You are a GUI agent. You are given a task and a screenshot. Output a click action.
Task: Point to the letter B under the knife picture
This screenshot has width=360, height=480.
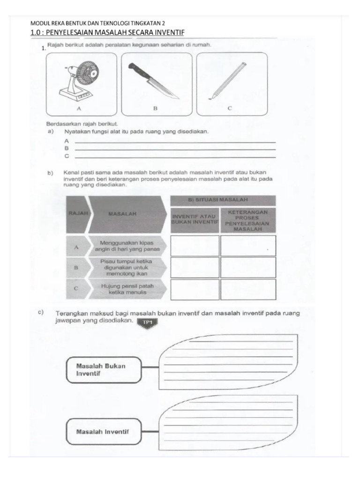pos(155,108)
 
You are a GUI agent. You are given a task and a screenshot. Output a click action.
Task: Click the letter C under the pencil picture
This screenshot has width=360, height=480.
pos(230,108)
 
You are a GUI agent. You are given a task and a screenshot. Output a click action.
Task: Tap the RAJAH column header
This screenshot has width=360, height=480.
pos(75,213)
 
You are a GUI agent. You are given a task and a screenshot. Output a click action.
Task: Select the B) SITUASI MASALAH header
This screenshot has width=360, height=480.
pos(223,200)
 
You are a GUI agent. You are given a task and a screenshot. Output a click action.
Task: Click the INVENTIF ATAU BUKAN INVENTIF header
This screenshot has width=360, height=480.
pos(195,219)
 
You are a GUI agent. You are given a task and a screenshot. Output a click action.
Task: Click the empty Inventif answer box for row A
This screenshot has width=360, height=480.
pos(195,246)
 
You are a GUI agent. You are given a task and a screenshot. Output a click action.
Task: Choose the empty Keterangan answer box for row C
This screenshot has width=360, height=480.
pos(248,289)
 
